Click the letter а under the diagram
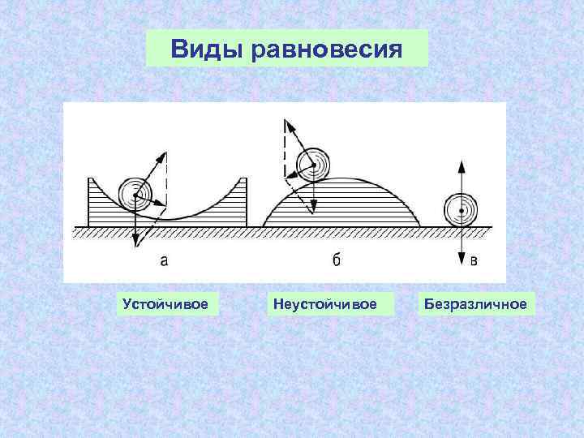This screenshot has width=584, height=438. (164, 260)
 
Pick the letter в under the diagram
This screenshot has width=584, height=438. (474, 260)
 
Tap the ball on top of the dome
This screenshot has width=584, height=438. (312, 165)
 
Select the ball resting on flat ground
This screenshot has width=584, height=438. (461, 211)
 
